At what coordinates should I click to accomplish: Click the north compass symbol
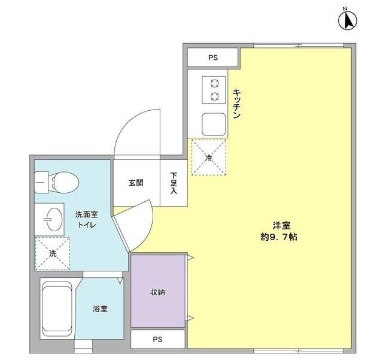[x=346, y=20]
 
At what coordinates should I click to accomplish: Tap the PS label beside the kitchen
[x=213, y=58]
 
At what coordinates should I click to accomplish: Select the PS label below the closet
[x=157, y=340]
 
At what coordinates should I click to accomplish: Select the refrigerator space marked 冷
[x=208, y=157]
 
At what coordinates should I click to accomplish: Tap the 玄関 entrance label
[x=136, y=183]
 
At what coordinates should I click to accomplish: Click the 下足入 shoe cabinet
[x=174, y=183]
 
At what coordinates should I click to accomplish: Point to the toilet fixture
[x=57, y=180]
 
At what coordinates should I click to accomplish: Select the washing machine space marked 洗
[x=52, y=253]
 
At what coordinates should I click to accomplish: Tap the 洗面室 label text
[x=87, y=214]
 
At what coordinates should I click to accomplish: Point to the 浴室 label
[x=100, y=309]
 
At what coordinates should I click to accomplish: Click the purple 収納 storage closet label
[x=157, y=292]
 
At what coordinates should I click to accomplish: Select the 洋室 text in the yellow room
[x=282, y=225]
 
